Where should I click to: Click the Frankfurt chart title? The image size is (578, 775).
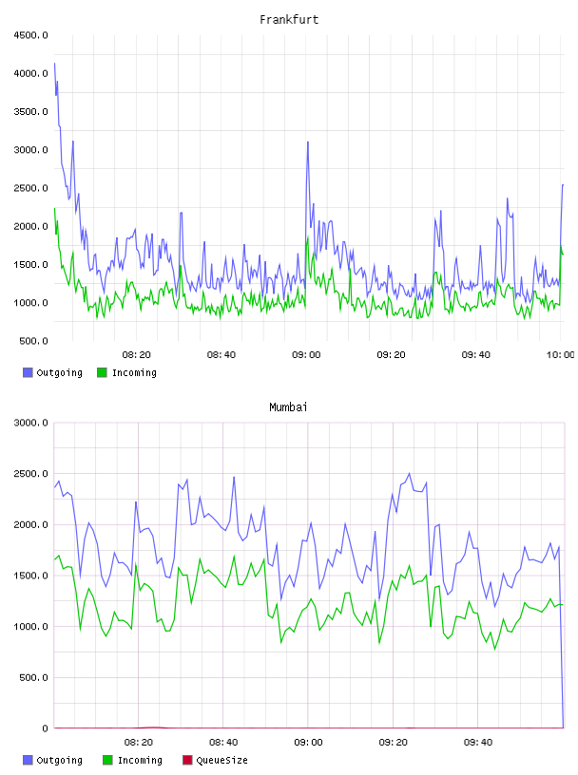[x=289, y=19]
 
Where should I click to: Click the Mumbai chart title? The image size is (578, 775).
[x=288, y=406]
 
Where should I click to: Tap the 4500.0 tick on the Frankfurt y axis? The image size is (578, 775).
[x=30, y=35]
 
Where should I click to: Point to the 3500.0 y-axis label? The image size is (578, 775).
[x=30, y=112]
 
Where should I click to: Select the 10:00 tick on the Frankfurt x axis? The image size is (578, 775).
[x=560, y=354]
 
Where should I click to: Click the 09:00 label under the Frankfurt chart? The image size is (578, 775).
[x=306, y=354]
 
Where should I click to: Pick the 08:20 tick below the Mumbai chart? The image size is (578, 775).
[x=139, y=742]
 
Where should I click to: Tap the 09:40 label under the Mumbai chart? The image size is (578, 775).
[x=478, y=742]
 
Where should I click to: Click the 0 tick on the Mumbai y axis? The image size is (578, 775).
[x=45, y=728]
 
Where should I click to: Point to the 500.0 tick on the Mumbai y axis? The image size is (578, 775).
[x=33, y=677]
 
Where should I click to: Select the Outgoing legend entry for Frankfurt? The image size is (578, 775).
[x=52, y=372]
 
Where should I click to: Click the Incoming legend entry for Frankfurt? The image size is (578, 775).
[x=126, y=372]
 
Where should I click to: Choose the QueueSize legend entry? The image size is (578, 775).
[x=215, y=760]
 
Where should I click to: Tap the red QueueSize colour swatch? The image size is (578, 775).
[x=187, y=760]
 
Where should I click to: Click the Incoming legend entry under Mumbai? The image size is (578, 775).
[x=132, y=760]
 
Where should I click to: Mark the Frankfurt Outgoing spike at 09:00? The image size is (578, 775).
[x=308, y=142]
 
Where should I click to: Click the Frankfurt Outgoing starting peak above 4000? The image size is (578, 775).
[x=55, y=64]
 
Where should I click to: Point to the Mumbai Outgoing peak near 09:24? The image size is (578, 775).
[x=409, y=473]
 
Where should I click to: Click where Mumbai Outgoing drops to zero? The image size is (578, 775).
[x=563, y=728]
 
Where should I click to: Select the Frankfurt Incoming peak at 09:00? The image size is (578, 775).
[x=308, y=237]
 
